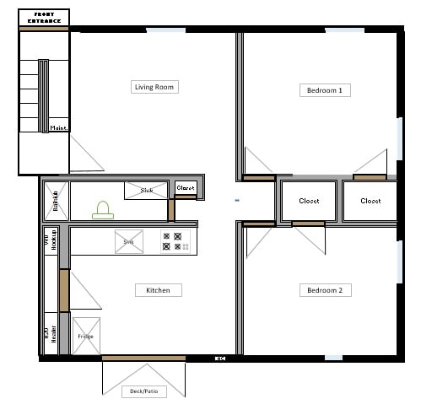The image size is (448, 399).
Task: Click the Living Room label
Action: coord(156,87)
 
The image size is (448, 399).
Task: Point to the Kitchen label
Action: coord(158,290)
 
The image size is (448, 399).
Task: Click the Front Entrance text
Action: coord(45,18)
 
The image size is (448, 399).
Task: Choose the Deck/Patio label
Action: coord(143,391)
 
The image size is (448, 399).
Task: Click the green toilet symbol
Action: coord(103,208)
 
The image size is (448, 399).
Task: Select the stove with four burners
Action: coord(177,242)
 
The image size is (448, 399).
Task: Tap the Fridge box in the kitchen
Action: coord(86,336)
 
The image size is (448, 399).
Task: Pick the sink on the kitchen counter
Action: coord(129,242)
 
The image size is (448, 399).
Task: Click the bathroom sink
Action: coord(147,191)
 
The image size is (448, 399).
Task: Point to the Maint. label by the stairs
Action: coord(59,128)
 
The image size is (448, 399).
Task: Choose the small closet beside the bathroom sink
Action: coord(186,188)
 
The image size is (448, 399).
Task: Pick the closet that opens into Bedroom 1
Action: coord(370,202)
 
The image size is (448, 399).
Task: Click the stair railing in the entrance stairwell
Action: coord(43,96)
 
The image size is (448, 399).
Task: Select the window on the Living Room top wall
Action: coord(165,31)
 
